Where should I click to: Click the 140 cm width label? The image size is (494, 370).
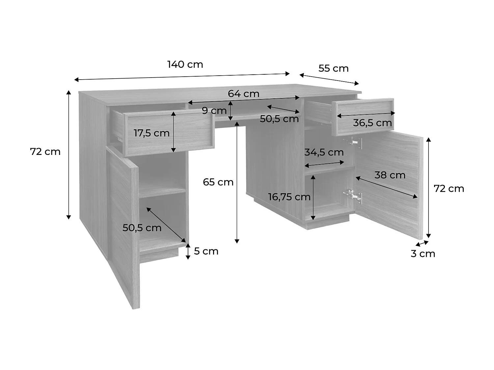(185, 64)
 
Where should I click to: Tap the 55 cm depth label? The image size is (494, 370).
(333, 68)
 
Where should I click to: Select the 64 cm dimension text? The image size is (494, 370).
(243, 94)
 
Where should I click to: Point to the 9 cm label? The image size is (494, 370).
(214, 111)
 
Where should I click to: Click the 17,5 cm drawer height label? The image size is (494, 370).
(151, 133)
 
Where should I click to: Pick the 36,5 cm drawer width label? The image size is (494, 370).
(372, 123)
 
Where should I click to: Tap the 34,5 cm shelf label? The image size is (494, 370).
(324, 152)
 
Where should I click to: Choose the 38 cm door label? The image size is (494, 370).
(390, 175)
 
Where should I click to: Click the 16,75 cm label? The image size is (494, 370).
(289, 197)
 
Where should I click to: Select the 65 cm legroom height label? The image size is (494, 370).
(218, 182)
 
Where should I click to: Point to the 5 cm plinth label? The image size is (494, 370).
(206, 251)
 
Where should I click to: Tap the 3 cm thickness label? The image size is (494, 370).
(423, 254)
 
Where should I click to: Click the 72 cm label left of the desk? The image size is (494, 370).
(45, 152)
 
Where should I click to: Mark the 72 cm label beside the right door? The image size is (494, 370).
(449, 188)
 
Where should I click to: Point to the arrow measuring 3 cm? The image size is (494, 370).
(422, 243)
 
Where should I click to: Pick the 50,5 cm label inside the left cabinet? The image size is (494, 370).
(142, 228)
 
